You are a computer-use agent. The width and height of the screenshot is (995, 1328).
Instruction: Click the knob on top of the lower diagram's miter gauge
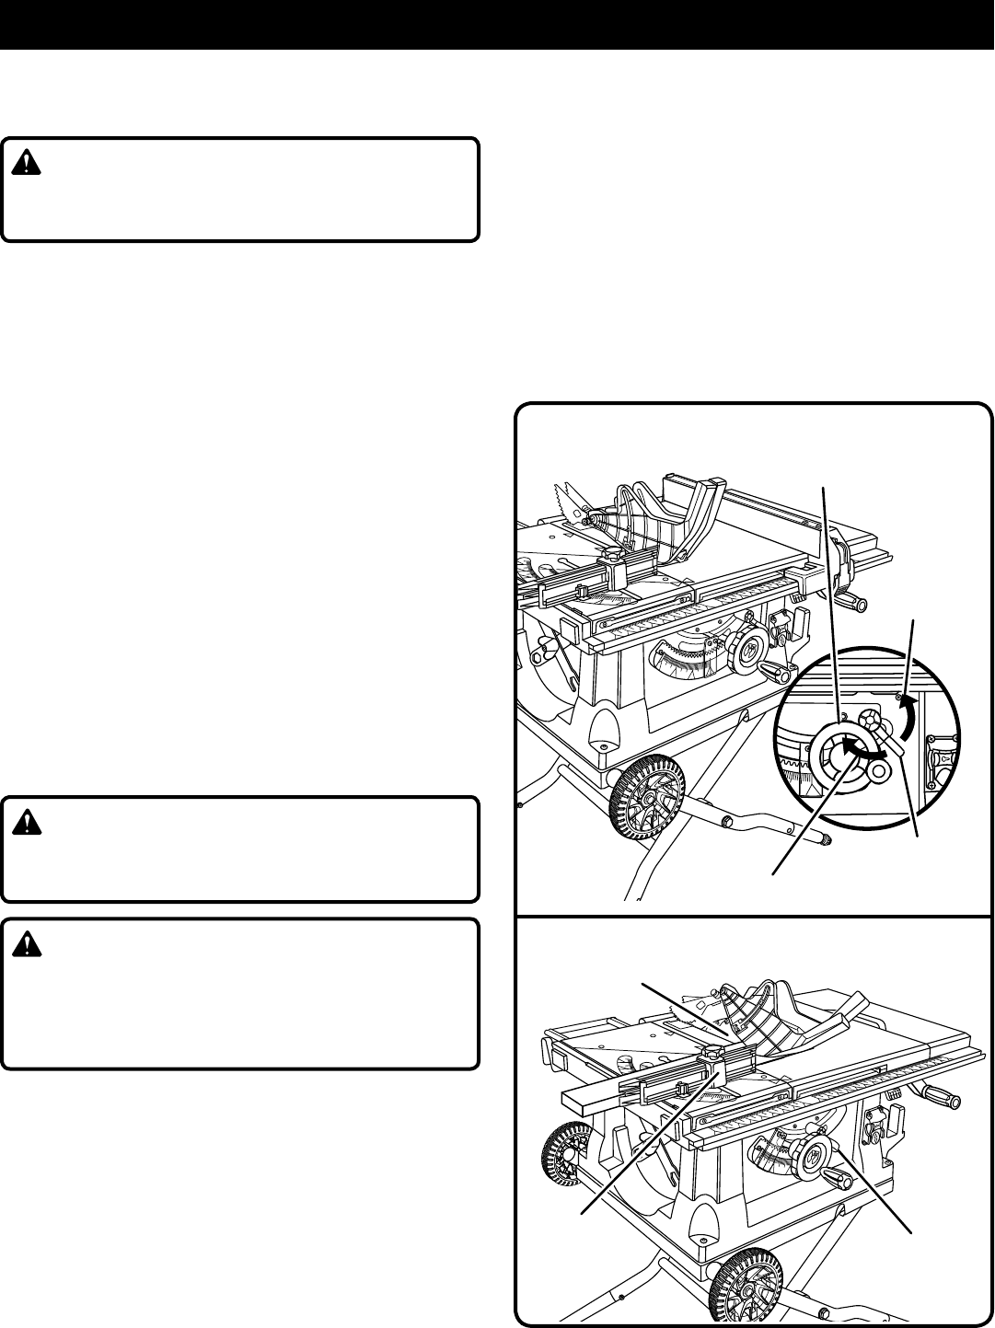716,1050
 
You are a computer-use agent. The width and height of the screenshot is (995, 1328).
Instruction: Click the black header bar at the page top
497,24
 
